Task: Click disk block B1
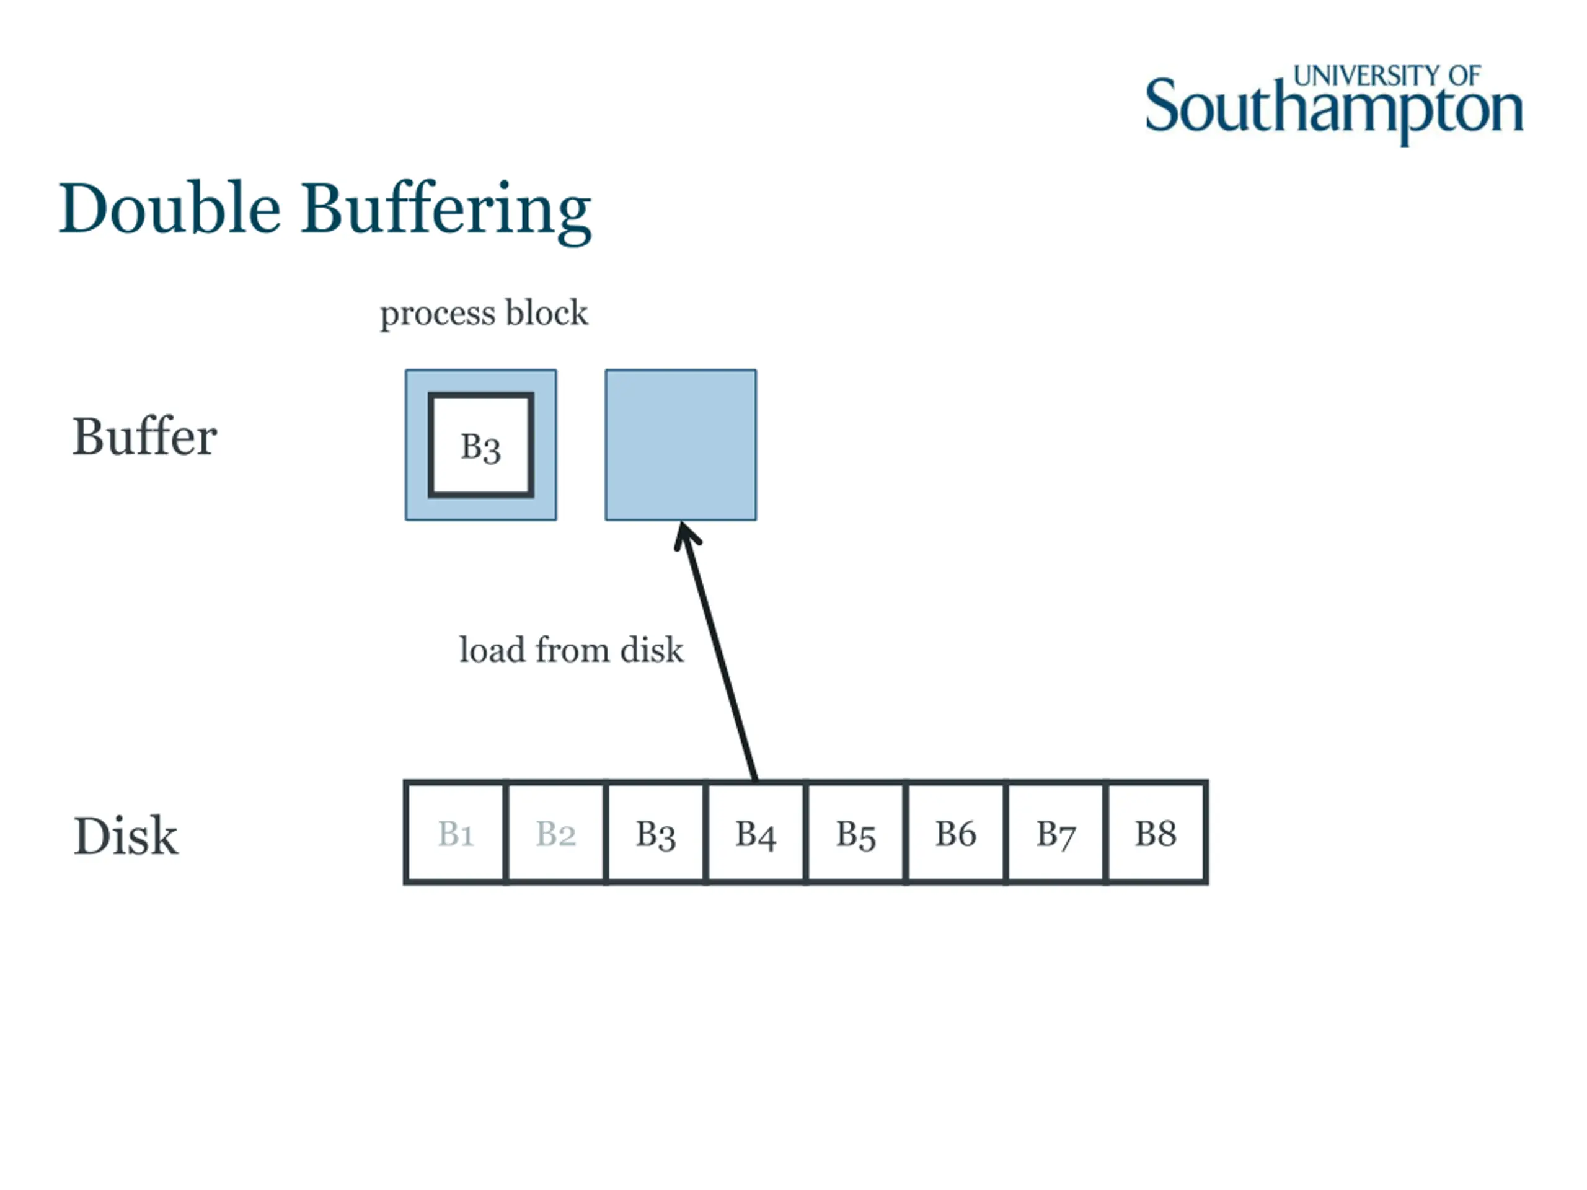pyautogui.click(x=455, y=833)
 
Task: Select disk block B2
pyautogui.click(x=555, y=833)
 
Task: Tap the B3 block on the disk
pyautogui.click(x=655, y=833)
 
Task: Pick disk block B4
pyautogui.click(x=756, y=833)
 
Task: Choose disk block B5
pyautogui.click(x=855, y=833)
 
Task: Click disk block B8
pyautogui.click(x=1155, y=833)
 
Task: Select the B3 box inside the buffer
pyautogui.click(x=480, y=446)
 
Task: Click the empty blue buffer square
pyautogui.click(x=680, y=445)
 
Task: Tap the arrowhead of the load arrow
pyautogui.click(x=685, y=534)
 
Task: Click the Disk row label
pyautogui.click(x=126, y=835)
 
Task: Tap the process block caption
pyautogui.click(x=484, y=314)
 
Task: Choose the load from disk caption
pyautogui.click(x=571, y=650)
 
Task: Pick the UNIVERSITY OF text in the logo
pyautogui.click(x=1386, y=76)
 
